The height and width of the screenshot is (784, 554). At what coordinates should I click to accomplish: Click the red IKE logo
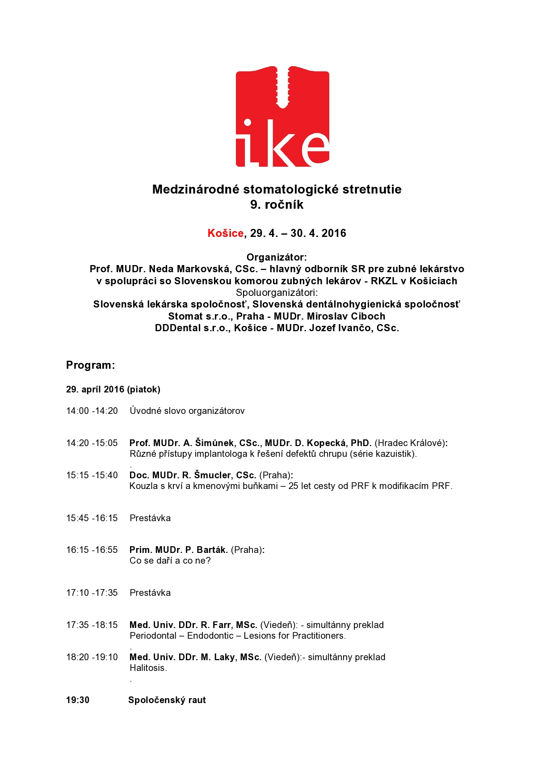[x=282, y=117]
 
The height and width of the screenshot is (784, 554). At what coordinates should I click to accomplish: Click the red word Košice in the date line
[x=225, y=233]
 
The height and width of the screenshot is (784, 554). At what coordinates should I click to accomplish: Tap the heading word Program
[x=90, y=365]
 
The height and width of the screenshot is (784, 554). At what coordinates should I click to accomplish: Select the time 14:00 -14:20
[x=92, y=411]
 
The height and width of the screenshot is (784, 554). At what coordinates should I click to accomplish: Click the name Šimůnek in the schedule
[x=214, y=443]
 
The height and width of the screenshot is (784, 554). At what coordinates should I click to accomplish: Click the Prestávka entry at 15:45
[x=150, y=518]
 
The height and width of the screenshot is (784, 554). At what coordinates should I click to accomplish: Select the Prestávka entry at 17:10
[x=150, y=593]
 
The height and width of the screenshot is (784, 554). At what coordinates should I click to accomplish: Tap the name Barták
[x=212, y=550]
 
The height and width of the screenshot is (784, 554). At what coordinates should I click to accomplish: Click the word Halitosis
[x=148, y=668]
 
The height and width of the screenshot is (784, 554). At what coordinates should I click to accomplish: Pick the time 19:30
[x=78, y=700]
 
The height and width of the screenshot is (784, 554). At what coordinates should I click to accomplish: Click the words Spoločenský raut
[x=167, y=700]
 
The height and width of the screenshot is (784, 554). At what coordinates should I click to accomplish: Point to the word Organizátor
[x=277, y=257]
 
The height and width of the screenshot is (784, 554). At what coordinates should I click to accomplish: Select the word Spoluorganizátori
[x=277, y=293]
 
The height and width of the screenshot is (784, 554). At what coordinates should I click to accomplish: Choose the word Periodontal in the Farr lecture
[x=153, y=636]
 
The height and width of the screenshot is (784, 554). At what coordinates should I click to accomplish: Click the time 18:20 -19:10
[x=92, y=657]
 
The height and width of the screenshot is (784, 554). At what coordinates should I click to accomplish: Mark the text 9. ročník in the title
[x=277, y=205]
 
